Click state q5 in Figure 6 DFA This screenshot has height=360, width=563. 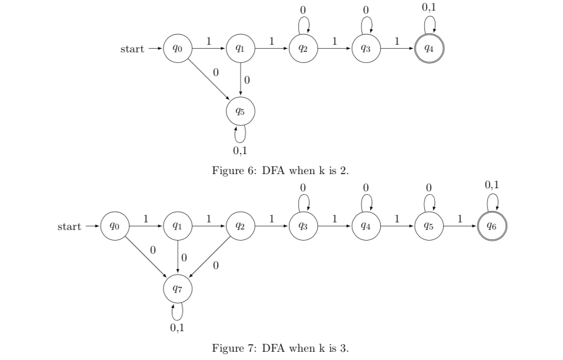coord(240,110)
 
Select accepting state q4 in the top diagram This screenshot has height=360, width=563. coord(429,49)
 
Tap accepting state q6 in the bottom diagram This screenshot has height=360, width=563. coord(492,226)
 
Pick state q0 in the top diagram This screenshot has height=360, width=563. coord(177,49)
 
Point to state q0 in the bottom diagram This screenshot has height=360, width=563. coord(114,226)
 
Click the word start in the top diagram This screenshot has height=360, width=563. coord(132,49)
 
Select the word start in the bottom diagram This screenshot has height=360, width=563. coord(69,226)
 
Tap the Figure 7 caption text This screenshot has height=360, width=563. coord(280,348)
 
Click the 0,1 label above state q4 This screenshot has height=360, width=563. coord(429,8)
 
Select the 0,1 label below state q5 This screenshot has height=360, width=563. coord(240,151)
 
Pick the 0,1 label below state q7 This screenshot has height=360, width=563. coord(177,328)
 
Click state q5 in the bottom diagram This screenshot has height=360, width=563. coord(429,226)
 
